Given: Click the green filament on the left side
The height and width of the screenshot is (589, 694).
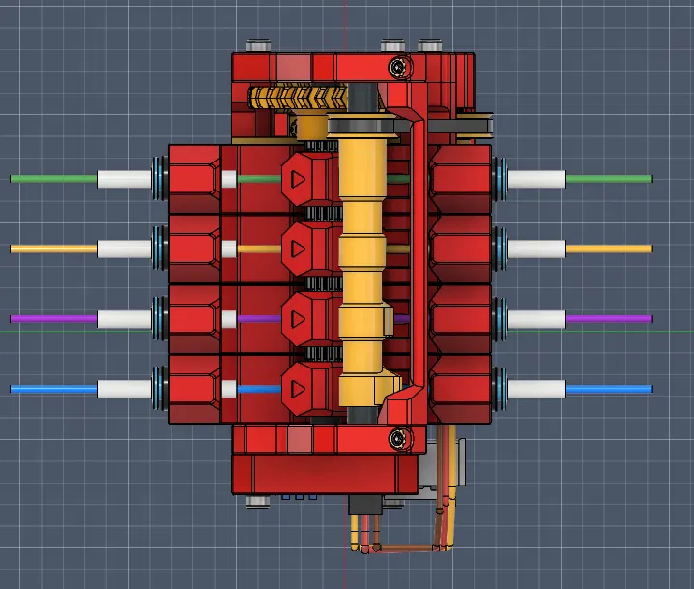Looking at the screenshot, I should click(53, 179).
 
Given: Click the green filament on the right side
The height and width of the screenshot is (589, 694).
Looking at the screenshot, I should click(609, 179).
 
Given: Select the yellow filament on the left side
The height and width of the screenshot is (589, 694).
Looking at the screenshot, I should click(53, 249).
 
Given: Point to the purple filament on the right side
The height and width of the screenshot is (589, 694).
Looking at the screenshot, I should click(609, 318).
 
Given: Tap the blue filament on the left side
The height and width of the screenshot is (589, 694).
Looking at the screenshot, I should click(53, 389).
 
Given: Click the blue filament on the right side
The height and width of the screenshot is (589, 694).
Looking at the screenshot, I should click(609, 389).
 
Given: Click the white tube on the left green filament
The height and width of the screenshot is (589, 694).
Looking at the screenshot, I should click(124, 179).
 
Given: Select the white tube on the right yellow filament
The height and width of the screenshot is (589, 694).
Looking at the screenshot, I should click(536, 249).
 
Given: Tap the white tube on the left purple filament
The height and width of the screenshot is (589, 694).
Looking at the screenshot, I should click(124, 318).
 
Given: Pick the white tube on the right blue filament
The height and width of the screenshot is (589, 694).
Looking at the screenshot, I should click(536, 389).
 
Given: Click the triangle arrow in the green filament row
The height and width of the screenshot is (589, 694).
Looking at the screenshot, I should click(298, 179).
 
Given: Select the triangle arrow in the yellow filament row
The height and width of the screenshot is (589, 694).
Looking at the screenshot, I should click(298, 249).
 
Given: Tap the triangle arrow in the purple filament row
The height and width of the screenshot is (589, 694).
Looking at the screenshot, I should click(298, 318).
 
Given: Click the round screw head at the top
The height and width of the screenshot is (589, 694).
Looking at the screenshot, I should click(398, 67).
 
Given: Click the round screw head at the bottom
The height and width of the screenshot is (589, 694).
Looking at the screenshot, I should click(398, 440).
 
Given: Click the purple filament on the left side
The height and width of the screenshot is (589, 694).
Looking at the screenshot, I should click(53, 318).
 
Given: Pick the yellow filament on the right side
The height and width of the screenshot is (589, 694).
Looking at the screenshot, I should click(609, 249).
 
